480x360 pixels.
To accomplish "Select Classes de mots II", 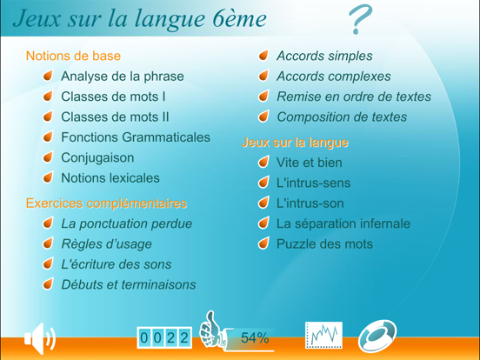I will point(115,117).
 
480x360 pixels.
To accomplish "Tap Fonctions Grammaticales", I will point(135,137).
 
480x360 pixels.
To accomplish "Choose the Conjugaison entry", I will point(97,158).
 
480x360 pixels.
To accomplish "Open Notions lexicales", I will point(110,178).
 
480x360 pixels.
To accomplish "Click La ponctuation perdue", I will point(127,223).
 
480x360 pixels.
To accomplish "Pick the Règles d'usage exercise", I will point(106,244).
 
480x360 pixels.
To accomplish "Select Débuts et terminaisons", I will point(129,284).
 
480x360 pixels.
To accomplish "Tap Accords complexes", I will point(333,77).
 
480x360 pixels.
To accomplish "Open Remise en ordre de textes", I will point(354,97).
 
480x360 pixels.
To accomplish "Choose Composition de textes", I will point(341,117).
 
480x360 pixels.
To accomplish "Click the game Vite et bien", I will point(309,163).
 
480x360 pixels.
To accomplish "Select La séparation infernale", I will point(343,223).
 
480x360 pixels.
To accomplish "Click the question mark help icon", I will point(360,20).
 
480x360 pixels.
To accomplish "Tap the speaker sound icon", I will point(39,337).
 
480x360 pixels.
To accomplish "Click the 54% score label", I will point(254,338).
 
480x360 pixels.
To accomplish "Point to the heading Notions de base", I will point(73,56).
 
